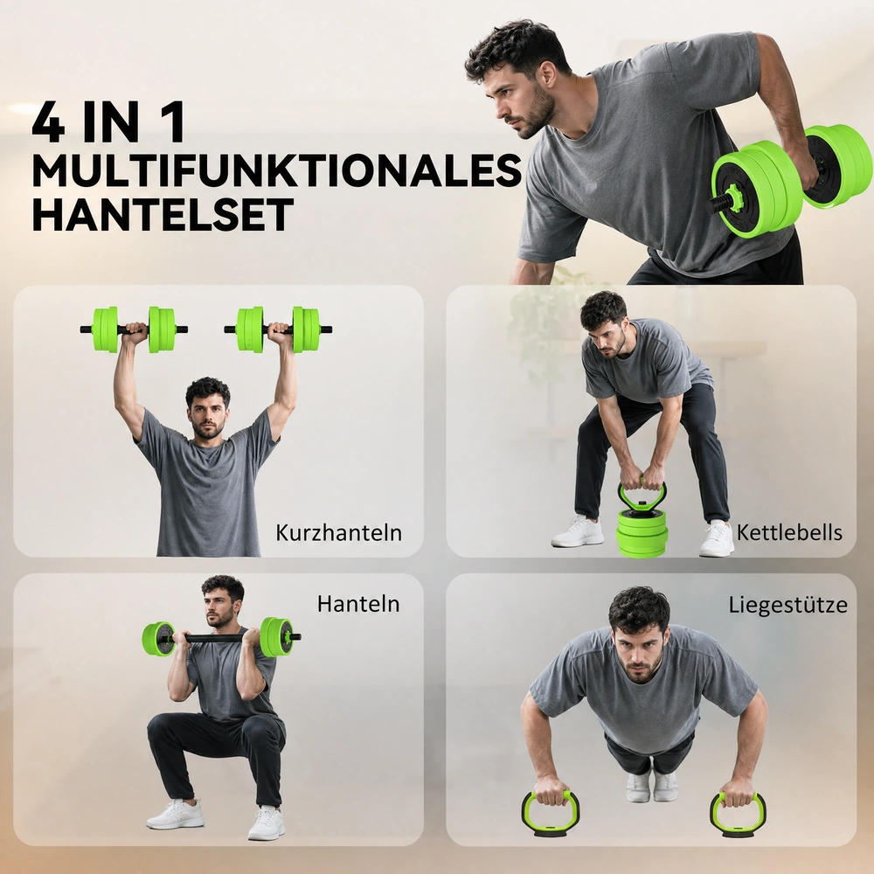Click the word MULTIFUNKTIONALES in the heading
coord(277,170)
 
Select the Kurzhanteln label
coord(338,533)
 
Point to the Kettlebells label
coord(789,532)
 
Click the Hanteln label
coord(358,604)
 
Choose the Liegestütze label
coord(788,605)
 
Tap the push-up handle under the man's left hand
coord(738,815)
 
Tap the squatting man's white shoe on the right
coord(266,822)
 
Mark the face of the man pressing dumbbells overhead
coord(207,413)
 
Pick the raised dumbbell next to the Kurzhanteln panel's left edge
coord(134,329)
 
